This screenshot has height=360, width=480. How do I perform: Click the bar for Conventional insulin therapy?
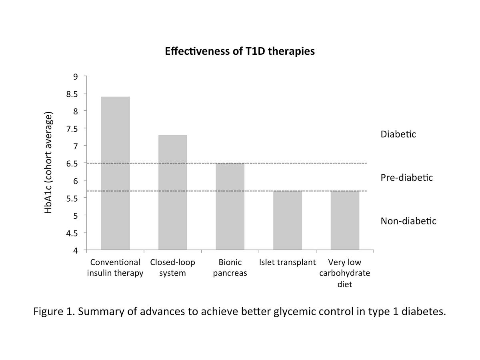(x=115, y=173)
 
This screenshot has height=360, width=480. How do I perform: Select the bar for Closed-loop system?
(x=172, y=192)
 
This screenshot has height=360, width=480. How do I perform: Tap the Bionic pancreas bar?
(x=230, y=206)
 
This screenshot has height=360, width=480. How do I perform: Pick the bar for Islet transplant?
(x=287, y=220)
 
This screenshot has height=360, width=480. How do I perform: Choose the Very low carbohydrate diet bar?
(x=345, y=220)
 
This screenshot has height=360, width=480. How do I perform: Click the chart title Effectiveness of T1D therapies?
(x=240, y=52)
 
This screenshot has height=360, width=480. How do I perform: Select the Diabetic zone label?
(x=398, y=134)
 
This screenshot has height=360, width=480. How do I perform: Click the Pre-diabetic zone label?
(x=406, y=178)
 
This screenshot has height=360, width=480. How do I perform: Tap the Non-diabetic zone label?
(x=408, y=221)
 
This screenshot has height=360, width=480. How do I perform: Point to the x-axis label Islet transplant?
(x=287, y=263)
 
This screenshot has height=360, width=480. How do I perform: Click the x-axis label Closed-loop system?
(x=172, y=268)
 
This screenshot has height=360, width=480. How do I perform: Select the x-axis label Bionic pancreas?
(x=230, y=268)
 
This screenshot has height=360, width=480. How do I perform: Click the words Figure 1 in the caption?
(x=55, y=312)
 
